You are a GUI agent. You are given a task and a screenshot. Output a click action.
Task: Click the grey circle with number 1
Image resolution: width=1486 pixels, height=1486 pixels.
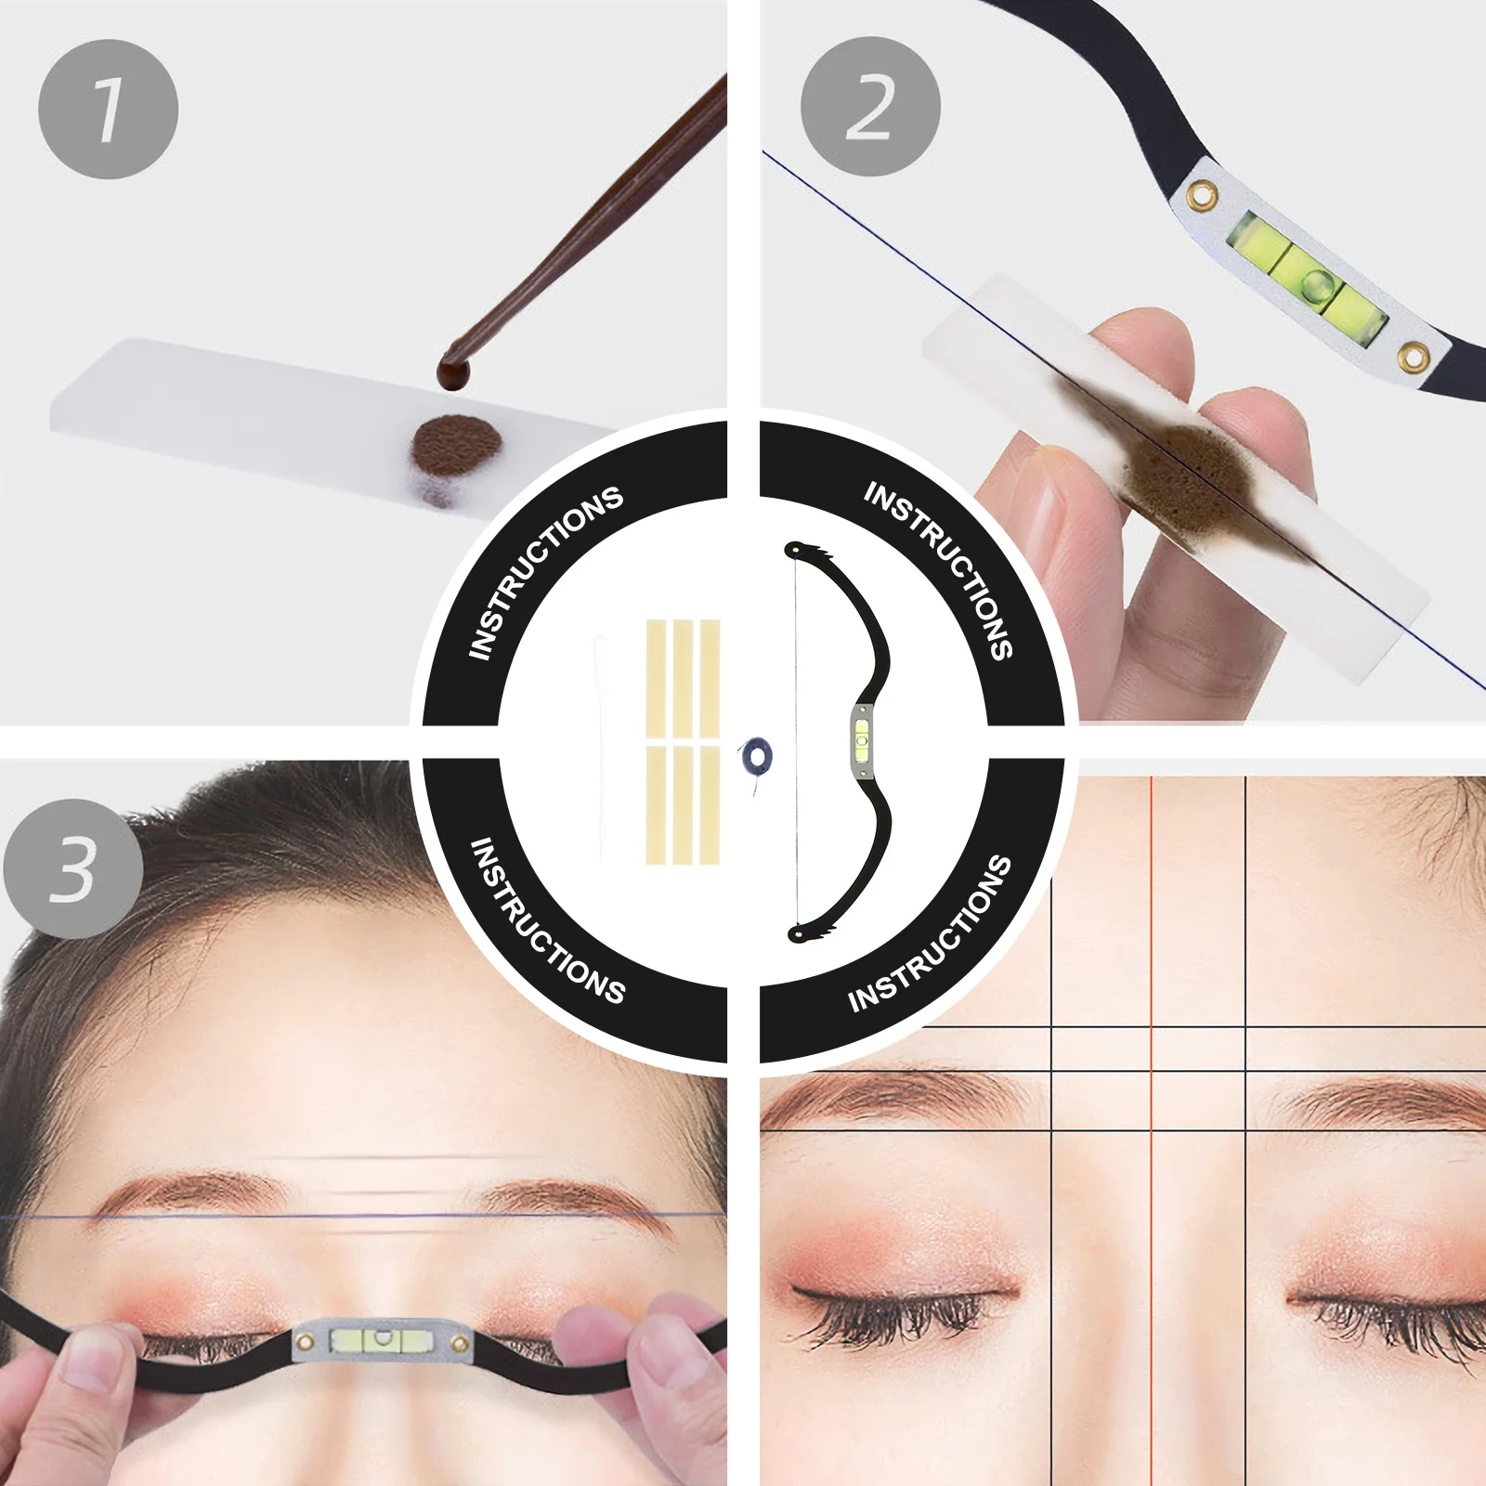(x=108, y=109)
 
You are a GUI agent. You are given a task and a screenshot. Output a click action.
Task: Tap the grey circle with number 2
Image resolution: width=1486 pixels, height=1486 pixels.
(x=870, y=107)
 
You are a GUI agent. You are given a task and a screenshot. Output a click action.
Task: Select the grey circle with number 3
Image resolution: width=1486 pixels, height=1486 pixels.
(x=73, y=868)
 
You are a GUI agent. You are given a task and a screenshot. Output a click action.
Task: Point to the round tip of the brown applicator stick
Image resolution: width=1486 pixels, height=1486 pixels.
(x=453, y=373)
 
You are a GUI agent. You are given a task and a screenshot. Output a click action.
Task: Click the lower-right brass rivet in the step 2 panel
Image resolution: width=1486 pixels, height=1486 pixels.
(x=1414, y=356)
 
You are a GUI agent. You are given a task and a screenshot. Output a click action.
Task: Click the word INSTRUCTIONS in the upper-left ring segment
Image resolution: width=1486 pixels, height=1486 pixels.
(x=545, y=571)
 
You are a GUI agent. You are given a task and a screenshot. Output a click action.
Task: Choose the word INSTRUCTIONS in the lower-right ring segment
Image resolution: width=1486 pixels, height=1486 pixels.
(x=930, y=934)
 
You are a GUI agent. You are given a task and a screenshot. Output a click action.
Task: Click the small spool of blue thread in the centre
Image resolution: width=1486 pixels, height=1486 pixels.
(x=754, y=757)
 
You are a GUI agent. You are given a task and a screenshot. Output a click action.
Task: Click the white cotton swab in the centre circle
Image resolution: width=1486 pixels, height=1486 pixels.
(x=600, y=748)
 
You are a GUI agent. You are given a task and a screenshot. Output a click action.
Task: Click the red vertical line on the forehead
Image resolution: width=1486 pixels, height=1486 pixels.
(x=1152, y=910)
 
